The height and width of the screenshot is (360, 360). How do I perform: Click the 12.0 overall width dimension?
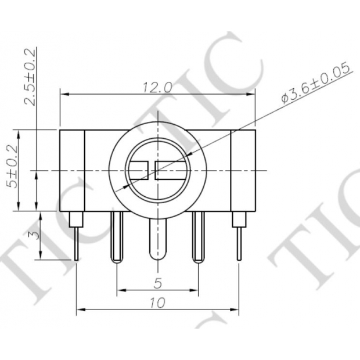(157, 87)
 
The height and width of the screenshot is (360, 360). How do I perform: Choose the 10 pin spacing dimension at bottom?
(157, 302)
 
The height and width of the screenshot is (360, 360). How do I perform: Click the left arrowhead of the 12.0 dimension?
(63, 93)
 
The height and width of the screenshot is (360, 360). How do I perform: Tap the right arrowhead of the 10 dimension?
(236, 308)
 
